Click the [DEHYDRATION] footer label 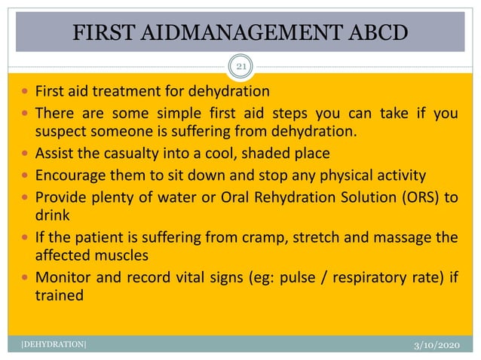click(x=49, y=346)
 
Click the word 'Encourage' click(x=70, y=176)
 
